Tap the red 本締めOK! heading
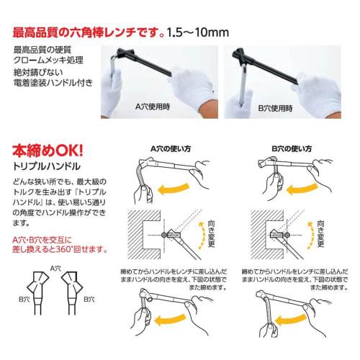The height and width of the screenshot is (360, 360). (x=49, y=153)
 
